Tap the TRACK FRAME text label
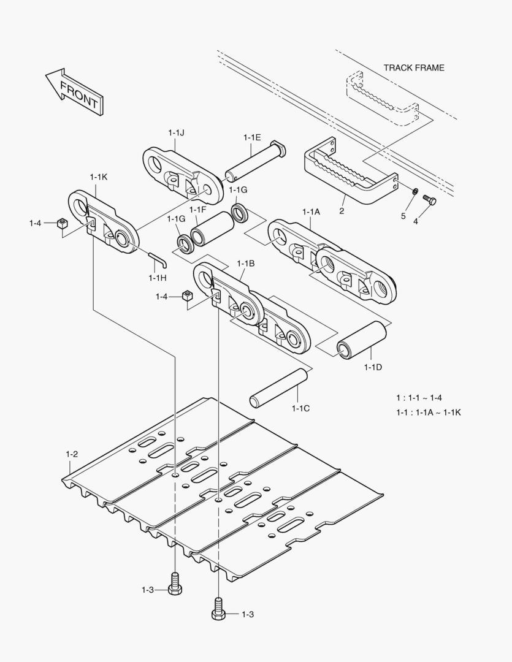pyautogui.click(x=413, y=67)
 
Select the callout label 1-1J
pyautogui.click(x=176, y=132)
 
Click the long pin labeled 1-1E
pyautogui.click(x=254, y=162)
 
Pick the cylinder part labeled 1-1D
pyautogui.click(x=362, y=341)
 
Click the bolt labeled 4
pyautogui.click(x=429, y=200)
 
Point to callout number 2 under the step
pyautogui.click(x=342, y=211)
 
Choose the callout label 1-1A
pyautogui.click(x=311, y=211)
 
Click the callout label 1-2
pyautogui.click(x=72, y=454)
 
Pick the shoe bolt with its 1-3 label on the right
pyautogui.click(x=218, y=608)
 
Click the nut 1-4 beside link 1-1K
pyautogui.click(x=61, y=223)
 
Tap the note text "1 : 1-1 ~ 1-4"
pyautogui.click(x=423, y=398)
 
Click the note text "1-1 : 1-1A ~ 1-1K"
pyautogui.click(x=428, y=413)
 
